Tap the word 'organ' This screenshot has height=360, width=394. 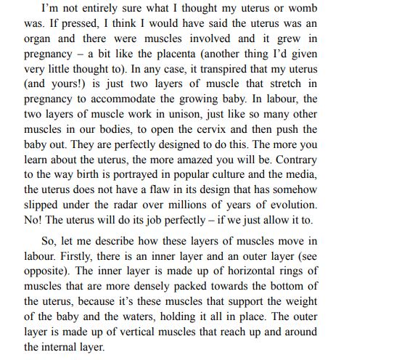coord(39,47)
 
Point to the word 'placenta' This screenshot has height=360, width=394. coord(206,64)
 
